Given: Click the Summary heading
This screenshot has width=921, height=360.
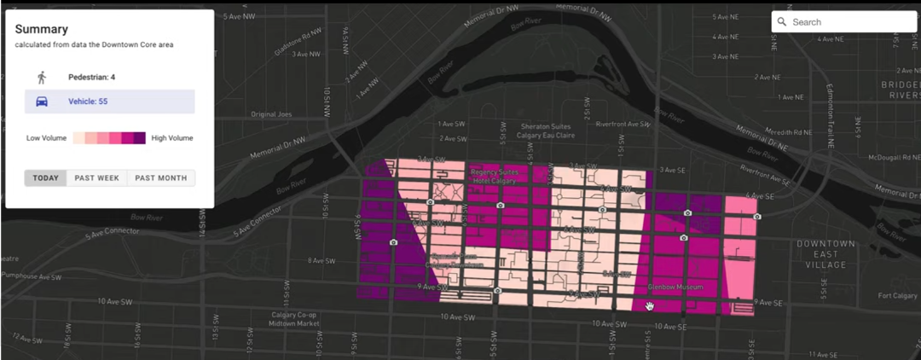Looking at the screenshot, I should (41, 29).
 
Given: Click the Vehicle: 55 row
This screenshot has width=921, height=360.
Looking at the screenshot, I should (109, 102).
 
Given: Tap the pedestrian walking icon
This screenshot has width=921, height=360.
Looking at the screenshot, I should (42, 78).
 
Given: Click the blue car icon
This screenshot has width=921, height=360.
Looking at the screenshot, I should (42, 102).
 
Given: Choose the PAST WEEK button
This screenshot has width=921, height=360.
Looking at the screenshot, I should (96, 178).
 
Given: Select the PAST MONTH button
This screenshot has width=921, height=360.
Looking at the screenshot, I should (160, 178).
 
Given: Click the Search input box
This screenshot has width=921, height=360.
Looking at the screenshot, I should (844, 22).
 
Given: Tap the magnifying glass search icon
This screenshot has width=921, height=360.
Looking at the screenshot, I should (782, 22).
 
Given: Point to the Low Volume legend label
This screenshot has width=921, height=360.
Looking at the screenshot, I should (46, 138).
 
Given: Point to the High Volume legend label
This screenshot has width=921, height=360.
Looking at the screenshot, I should (172, 138).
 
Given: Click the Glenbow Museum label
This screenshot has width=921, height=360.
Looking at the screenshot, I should (676, 287).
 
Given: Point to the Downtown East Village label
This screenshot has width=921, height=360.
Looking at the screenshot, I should (825, 254).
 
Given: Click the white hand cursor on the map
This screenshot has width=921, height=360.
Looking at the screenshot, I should (650, 305).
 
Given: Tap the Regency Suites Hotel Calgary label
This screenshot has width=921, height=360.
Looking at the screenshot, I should (500, 177).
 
